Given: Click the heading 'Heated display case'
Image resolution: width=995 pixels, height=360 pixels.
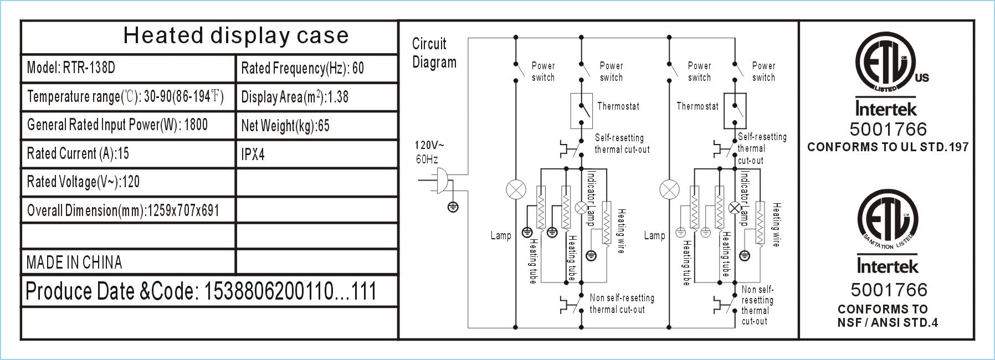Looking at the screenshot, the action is (236, 35).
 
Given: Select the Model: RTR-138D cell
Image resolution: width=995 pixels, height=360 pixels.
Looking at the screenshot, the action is (128, 69).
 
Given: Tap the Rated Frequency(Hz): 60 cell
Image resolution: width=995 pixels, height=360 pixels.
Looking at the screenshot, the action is (317, 69).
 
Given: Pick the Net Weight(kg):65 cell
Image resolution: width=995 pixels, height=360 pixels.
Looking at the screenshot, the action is (317, 126).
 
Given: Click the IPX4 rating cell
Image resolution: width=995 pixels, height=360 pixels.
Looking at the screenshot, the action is (317, 154).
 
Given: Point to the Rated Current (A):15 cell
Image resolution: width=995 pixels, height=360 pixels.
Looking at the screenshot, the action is (128, 154).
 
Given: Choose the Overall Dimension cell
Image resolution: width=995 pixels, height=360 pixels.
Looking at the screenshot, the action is (128, 210).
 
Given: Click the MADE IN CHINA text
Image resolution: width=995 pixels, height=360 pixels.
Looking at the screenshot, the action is (74, 263).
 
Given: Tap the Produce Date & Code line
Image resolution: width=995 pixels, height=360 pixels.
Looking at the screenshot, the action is (201, 291).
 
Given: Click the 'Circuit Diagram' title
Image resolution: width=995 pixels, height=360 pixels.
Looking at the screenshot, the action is (434, 53).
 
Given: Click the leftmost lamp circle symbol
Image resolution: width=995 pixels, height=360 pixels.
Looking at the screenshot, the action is (516, 190).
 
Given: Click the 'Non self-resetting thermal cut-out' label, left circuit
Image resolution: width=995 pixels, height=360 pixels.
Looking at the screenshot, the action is (622, 304).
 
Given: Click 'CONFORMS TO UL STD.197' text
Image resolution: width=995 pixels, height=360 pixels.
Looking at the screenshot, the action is (888, 147).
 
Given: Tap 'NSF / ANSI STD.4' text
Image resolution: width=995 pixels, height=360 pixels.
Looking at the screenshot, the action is (888, 322).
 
